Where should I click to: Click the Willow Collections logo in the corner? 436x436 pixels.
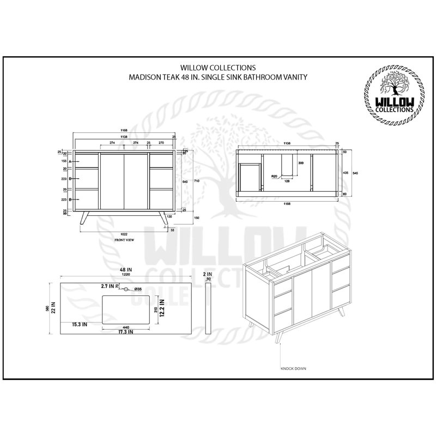(391, 97)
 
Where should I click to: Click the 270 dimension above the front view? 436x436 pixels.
(161, 142)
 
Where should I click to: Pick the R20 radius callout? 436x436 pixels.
(275, 176)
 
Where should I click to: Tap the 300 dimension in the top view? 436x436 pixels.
(300, 163)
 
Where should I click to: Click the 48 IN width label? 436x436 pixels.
(128, 270)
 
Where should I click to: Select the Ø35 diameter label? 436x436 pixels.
(138, 289)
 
